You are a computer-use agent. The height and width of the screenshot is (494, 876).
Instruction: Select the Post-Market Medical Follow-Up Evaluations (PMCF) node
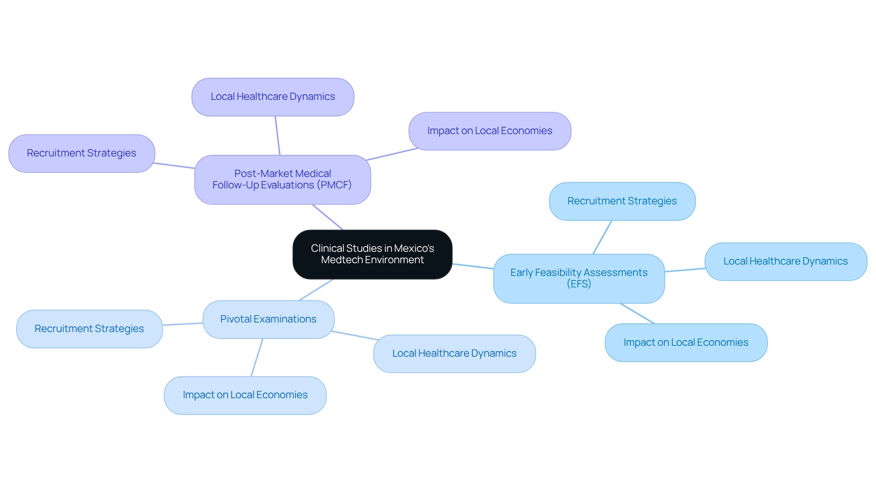(x=282, y=179)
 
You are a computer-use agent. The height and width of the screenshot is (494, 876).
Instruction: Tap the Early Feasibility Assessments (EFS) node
(x=579, y=278)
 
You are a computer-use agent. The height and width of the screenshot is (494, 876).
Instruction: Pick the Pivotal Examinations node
(x=268, y=319)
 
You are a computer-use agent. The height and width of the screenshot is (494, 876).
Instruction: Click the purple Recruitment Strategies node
(x=82, y=153)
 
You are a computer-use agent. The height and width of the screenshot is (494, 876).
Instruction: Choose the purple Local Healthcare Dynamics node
(x=273, y=97)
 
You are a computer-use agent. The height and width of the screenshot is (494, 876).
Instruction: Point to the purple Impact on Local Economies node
(x=490, y=131)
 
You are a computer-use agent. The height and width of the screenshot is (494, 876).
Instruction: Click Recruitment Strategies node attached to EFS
(x=622, y=201)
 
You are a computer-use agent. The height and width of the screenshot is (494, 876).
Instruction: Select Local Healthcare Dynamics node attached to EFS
(x=785, y=261)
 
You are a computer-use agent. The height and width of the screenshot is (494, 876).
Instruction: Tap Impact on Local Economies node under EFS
(x=686, y=343)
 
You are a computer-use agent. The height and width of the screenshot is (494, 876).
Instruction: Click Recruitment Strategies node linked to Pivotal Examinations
(x=89, y=329)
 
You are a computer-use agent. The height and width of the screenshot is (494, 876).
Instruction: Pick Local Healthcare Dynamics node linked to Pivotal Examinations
(x=454, y=354)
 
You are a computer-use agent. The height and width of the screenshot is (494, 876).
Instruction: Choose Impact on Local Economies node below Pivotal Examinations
(x=245, y=395)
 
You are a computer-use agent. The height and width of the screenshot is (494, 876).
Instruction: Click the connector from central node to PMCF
(x=328, y=217)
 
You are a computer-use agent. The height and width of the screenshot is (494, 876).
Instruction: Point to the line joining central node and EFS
(x=473, y=266)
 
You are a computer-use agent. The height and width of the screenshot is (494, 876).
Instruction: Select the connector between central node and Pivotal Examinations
(x=316, y=290)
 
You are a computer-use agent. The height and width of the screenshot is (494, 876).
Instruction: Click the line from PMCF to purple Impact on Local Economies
(x=391, y=154)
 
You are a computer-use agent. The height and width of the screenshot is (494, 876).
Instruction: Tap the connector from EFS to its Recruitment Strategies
(x=602, y=237)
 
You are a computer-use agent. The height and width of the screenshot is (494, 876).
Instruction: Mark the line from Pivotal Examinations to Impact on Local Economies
(x=257, y=358)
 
